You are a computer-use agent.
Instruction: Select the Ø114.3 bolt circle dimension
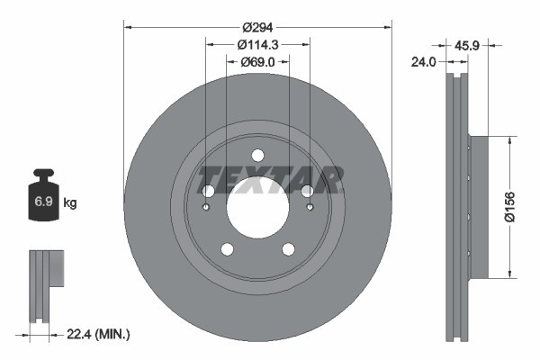[x=257, y=44]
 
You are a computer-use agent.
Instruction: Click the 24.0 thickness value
[x=423, y=62]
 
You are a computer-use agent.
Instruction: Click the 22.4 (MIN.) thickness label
[x=99, y=334]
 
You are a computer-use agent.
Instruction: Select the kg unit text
[x=69, y=202]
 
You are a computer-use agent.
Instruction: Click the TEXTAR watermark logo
[x=267, y=180]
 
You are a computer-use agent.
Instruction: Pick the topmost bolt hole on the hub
[x=257, y=154]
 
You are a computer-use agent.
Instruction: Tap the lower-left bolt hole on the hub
[x=227, y=249]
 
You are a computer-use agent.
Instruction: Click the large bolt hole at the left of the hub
[x=208, y=191]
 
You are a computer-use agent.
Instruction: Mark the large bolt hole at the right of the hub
[x=307, y=191]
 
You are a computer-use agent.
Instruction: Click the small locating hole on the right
[x=310, y=209]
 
